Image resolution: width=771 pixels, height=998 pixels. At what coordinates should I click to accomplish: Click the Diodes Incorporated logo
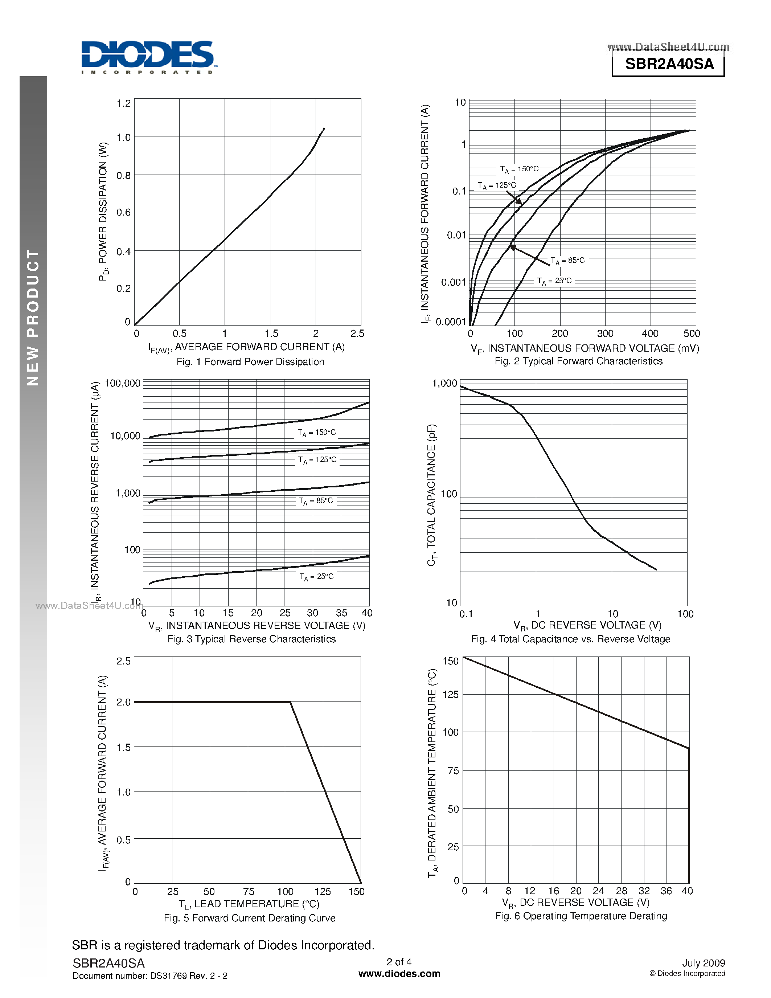[148, 57]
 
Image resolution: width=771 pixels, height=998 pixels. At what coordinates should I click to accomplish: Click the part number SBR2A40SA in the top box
[669, 64]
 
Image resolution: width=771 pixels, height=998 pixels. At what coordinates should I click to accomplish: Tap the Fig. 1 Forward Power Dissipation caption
[250, 361]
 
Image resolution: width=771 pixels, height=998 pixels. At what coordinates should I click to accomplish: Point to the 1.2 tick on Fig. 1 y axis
[123, 103]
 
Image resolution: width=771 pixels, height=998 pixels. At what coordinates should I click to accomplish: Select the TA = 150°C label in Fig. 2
[519, 169]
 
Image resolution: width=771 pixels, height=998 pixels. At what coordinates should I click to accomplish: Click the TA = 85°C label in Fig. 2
[567, 261]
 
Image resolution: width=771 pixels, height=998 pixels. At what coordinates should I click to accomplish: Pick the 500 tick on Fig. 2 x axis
[692, 334]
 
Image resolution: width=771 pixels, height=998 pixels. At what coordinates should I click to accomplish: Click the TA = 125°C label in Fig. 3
[317, 460]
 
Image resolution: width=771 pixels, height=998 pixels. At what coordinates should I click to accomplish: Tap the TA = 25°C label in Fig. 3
[316, 577]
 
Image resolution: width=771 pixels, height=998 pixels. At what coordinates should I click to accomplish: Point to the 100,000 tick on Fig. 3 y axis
[122, 383]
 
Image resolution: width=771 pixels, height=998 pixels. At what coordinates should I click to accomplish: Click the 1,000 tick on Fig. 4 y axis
[444, 383]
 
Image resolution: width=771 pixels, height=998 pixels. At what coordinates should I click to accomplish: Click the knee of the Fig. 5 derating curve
[290, 702]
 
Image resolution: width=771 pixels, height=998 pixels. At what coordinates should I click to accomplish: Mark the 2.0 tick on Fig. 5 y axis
[123, 702]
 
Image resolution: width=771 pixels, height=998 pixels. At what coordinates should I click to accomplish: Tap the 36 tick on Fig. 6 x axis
[666, 891]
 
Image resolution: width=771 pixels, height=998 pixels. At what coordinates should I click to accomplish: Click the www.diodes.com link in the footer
[399, 974]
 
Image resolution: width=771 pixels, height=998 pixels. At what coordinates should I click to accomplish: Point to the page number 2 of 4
[399, 962]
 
